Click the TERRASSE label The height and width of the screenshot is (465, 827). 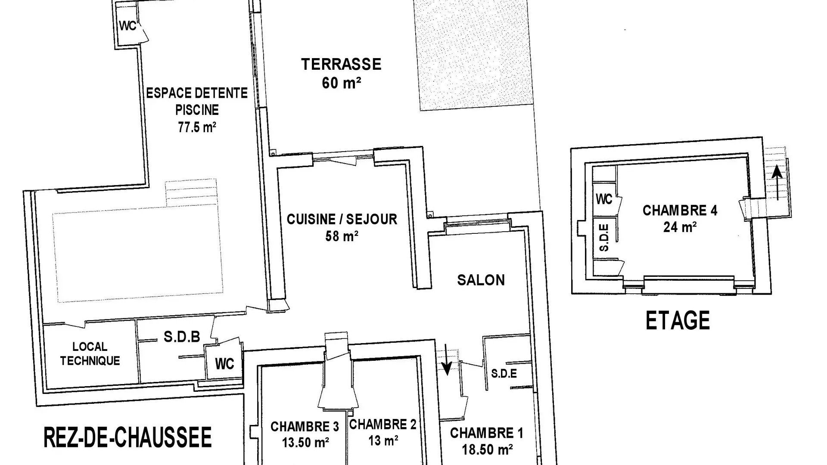tap(341, 64)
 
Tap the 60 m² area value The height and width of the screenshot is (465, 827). tap(341, 83)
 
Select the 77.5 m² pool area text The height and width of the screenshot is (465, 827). tap(197, 127)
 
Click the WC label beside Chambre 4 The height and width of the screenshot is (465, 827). tap(604, 199)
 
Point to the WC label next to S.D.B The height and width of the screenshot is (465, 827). tap(224, 364)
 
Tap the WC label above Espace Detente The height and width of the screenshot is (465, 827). tap(127, 26)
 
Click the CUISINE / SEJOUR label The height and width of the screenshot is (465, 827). tap(342, 219)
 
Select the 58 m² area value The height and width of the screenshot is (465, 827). tap(342, 236)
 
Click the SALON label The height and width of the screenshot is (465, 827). tap(481, 280)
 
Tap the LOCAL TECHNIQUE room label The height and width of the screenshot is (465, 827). tap(90, 354)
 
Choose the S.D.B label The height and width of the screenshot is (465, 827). tap(182, 337)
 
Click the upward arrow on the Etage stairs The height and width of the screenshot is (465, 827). tap(777, 183)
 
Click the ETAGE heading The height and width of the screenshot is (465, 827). tap(678, 321)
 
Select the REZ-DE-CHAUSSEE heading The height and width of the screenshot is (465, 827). tap(128, 437)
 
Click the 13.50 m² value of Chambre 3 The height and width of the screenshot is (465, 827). tap(305, 442)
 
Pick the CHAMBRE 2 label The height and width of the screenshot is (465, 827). tap(382, 425)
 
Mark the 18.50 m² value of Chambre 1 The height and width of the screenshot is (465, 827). tap(487, 449)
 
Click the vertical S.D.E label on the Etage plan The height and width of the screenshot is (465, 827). tap(604, 238)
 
